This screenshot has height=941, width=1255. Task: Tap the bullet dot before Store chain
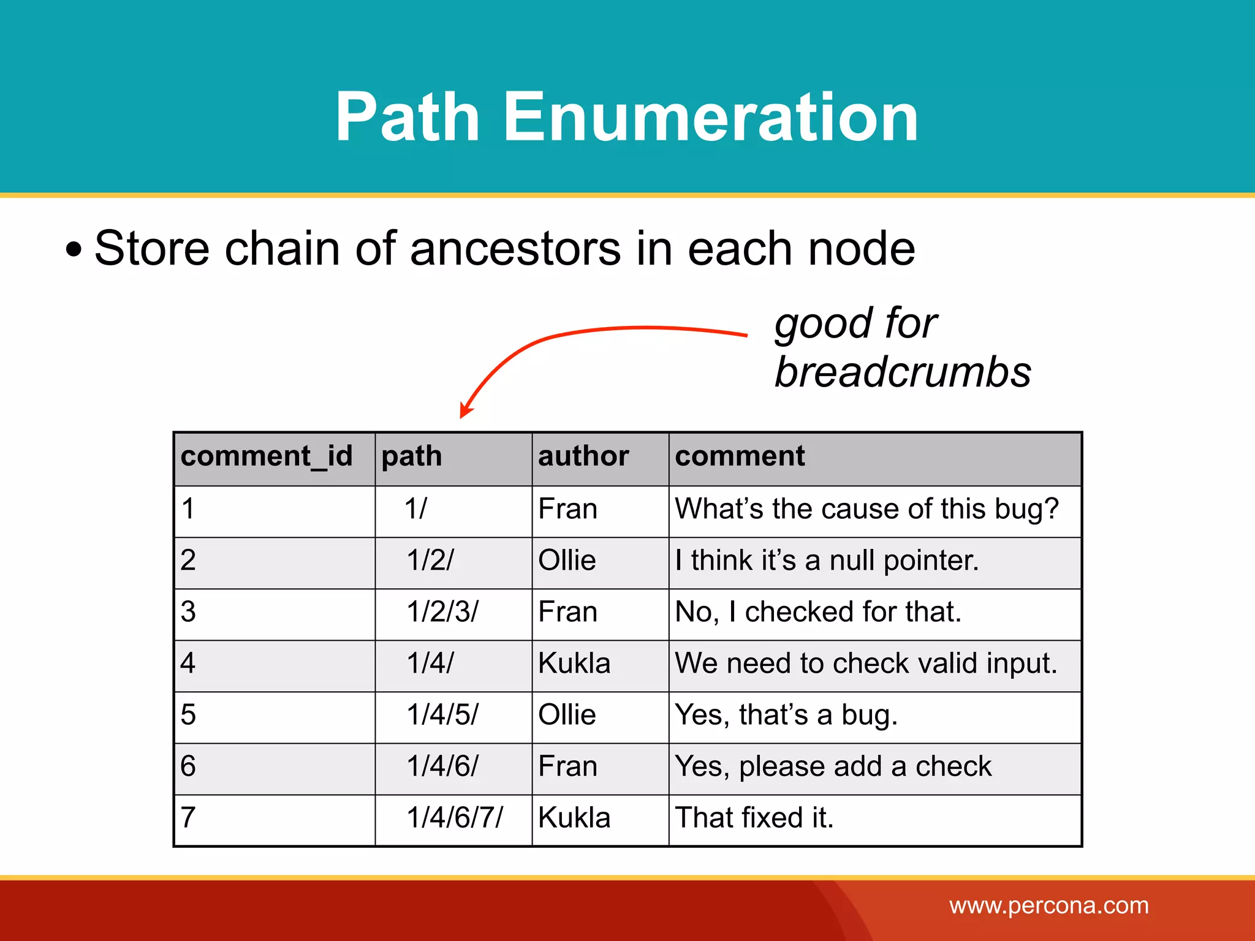coord(74,250)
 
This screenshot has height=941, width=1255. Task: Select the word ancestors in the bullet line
coord(515,248)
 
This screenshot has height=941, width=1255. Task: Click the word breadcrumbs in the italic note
coord(903,372)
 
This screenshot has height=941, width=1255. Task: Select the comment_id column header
coord(267,456)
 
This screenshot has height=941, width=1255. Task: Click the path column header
coord(411,456)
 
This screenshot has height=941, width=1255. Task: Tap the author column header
coord(583,456)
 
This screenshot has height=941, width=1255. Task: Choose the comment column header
coord(740,456)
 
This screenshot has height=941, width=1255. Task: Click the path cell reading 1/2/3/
coord(442,612)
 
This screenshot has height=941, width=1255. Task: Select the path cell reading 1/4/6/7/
coord(454,818)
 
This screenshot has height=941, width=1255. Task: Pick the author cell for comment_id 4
coord(574,663)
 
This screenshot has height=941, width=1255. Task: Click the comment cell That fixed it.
coord(754,818)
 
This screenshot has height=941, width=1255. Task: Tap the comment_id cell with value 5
coord(189,715)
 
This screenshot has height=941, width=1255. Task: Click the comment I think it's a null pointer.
coord(827,561)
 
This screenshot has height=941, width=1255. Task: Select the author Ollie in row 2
coord(567,561)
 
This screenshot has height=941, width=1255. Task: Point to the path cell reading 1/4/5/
coord(442,715)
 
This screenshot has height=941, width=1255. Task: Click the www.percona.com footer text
coord(1049,905)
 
